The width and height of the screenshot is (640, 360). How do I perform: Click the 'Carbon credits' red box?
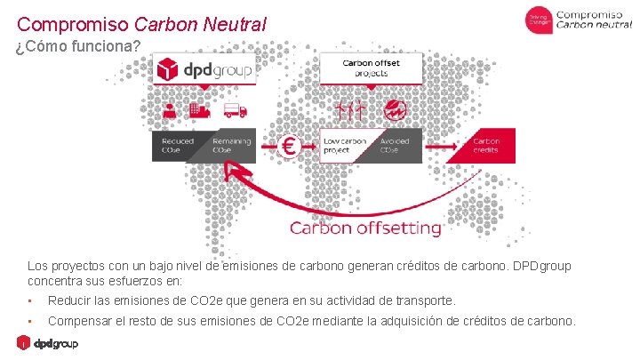point(485,145)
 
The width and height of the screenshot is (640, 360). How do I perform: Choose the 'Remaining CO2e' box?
point(231,146)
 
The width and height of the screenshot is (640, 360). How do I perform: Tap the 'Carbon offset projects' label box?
point(372,68)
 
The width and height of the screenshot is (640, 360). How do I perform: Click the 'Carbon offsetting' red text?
point(365,228)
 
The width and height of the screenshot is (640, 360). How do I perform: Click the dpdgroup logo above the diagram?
point(204,68)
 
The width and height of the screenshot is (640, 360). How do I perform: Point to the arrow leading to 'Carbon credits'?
point(436,146)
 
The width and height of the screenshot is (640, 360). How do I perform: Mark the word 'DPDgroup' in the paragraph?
point(540,266)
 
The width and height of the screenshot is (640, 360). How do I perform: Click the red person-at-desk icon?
point(170,110)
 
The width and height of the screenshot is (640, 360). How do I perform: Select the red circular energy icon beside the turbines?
point(395,110)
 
